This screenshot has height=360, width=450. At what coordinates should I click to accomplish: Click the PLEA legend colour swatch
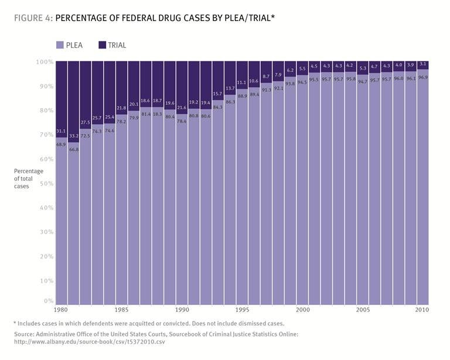(60, 45)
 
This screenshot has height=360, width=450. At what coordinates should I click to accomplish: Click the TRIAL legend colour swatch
(103, 45)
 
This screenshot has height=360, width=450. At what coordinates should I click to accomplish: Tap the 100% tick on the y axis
(45, 61)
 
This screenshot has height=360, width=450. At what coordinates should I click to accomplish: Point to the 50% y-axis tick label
(46, 184)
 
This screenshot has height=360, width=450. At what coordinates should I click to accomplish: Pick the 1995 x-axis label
(242, 310)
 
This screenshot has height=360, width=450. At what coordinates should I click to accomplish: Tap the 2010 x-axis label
(422, 310)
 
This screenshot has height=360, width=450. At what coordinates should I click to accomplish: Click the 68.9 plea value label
(61, 144)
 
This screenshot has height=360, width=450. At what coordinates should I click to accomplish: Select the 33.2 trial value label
(73, 136)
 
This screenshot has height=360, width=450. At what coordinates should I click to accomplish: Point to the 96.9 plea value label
(422, 77)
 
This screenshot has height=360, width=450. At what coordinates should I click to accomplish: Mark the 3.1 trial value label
(422, 64)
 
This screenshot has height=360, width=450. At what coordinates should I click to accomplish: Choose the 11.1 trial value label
(242, 83)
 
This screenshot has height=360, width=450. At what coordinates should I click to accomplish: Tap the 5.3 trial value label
(363, 68)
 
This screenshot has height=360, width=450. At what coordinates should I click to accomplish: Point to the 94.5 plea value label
(302, 82)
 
